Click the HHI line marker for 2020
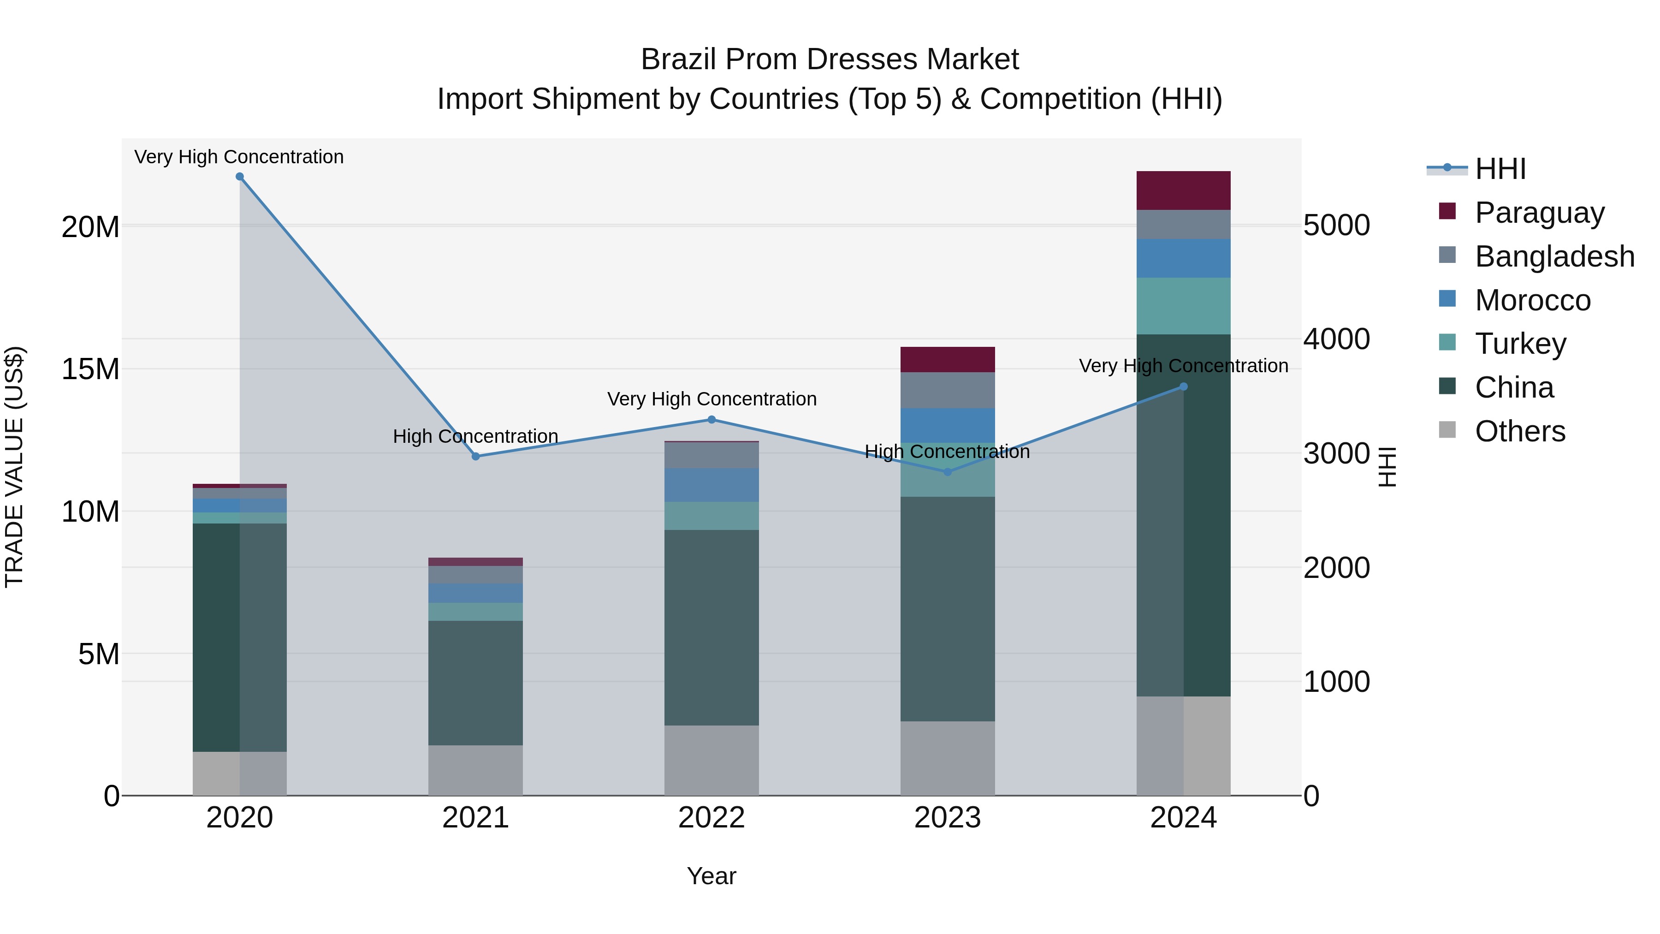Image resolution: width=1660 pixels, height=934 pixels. pos(240,177)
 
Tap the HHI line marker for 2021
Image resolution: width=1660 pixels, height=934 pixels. pos(475,456)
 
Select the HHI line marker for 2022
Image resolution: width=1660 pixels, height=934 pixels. pos(711,420)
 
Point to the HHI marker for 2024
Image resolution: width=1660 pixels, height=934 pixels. pos(1183,387)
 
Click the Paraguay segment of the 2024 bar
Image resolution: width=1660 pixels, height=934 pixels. pos(1183,191)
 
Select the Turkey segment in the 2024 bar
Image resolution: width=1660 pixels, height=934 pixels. pos(1183,306)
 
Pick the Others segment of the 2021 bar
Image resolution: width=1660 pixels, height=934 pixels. pos(475,770)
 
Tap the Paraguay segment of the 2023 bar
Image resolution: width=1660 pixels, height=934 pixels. pos(947,360)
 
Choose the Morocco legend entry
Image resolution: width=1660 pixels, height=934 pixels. pos(1532,300)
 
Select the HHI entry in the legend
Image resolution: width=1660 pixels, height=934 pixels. pos(1500,169)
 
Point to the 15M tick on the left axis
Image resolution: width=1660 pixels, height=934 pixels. pos(90,369)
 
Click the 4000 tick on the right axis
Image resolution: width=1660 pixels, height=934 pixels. pos(1336,339)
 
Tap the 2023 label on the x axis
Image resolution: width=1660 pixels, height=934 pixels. pos(947,818)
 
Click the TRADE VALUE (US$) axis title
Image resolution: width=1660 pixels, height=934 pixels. pos(14,467)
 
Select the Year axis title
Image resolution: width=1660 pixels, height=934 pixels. pos(711,876)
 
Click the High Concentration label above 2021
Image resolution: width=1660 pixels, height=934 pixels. pos(475,436)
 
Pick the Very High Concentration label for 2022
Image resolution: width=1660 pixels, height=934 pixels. pos(711,399)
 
